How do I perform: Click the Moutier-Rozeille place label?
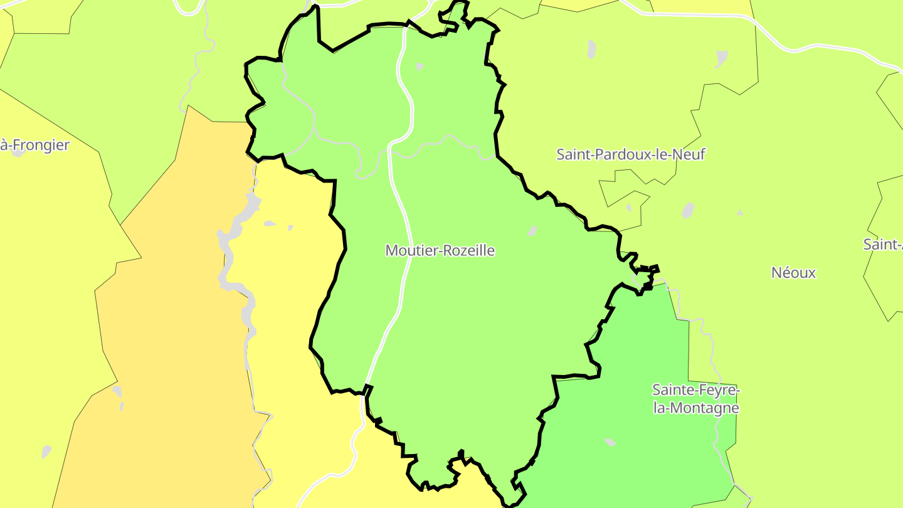pyautogui.click(x=440, y=251)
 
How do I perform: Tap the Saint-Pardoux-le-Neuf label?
pyautogui.click(x=630, y=154)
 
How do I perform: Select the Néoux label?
pyautogui.click(x=793, y=273)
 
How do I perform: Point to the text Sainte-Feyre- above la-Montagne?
pyautogui.click(x=696, y=390)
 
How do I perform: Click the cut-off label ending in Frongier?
pyautogui.click(x=34, y=146)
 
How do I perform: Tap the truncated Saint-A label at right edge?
pyautogui.click(x=883, y=245)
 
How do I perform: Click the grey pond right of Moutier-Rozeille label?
pyautogui.click(x=532, y=231)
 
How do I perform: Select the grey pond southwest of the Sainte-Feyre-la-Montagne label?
pyautogui.click(x=610, y=442)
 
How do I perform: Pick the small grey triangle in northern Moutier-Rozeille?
pyautogui.click(x=420, y=66)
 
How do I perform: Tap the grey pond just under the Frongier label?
pyautogui.click(x=18, y=153)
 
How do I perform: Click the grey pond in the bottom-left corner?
pyautogui.click(x=46, y=451)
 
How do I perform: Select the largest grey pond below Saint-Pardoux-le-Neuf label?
pyautogui.click(x=688, y=210)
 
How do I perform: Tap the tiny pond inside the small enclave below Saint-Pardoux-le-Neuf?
pyautogui.click(x=628, y=208)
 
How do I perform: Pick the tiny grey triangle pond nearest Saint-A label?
pyautogui.click(x=739, y=213)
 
